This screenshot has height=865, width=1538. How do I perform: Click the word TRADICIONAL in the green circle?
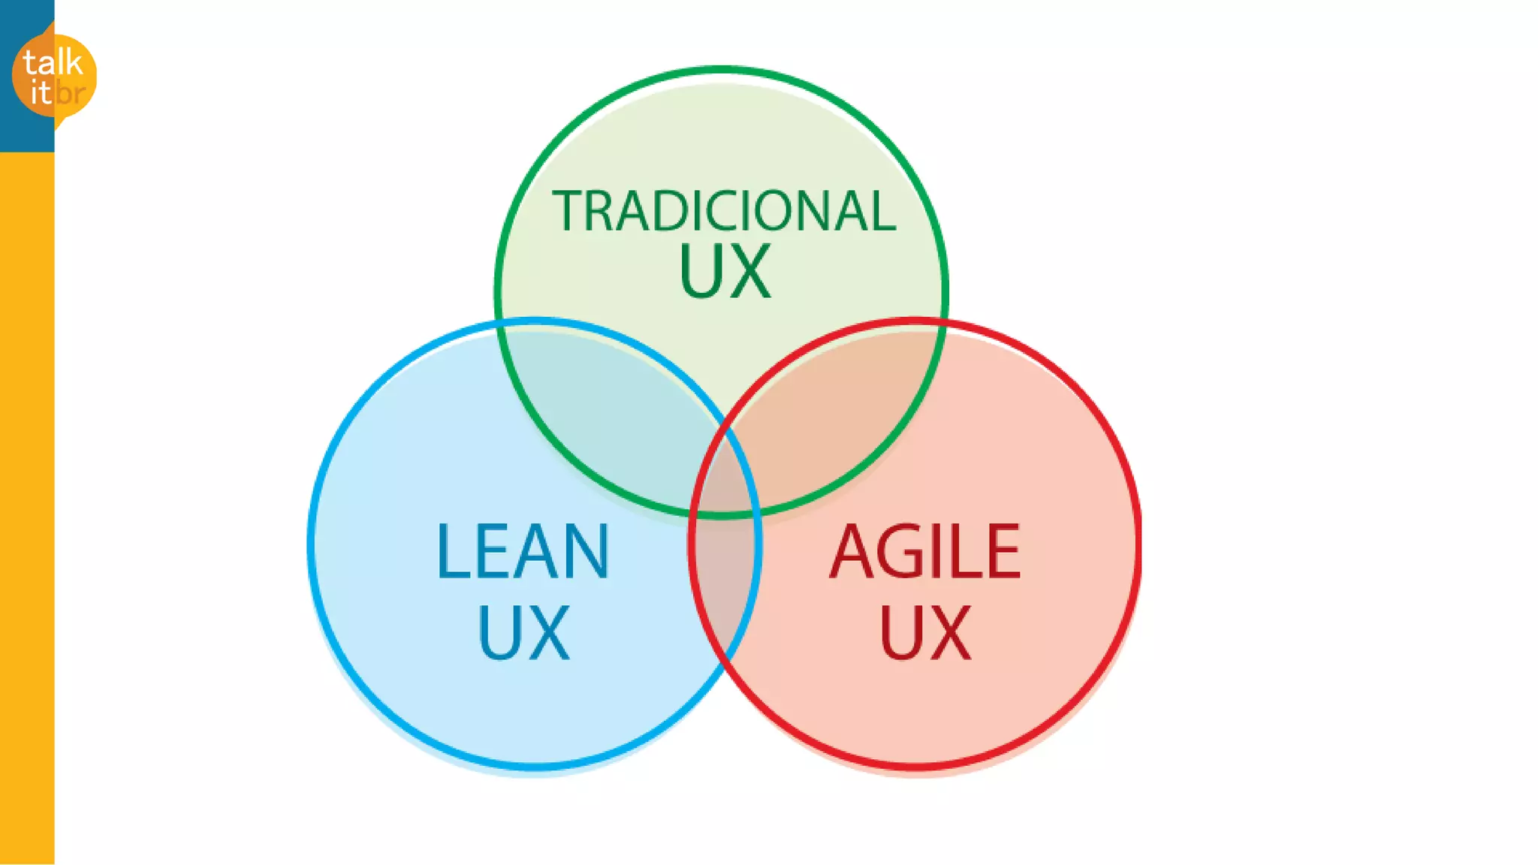coord(724,211)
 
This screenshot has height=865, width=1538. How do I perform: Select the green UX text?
coord(725,272)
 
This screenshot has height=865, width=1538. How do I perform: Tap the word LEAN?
coord(523,552)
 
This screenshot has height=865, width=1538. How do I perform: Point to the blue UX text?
coord(523,633)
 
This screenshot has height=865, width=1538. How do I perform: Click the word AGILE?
coord(925,552)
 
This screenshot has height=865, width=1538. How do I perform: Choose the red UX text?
coord(925,633)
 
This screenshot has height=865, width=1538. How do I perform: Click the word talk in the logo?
coord(53,63)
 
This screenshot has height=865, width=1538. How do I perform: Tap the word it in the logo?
coord(41,93)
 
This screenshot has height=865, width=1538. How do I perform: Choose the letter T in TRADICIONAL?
coord(568,211)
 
